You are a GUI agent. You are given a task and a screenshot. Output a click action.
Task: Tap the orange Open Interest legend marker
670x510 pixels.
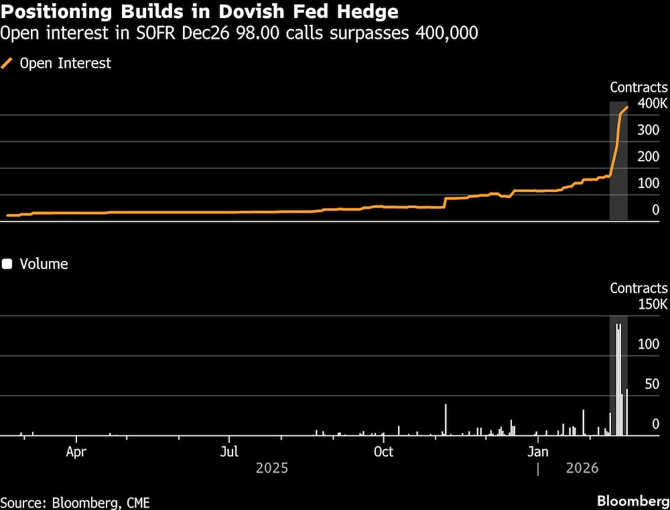click(8, 64)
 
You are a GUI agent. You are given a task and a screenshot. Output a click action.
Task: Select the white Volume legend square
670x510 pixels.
click(7, 264)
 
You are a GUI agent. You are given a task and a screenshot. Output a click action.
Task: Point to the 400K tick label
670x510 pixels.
click(652, 104)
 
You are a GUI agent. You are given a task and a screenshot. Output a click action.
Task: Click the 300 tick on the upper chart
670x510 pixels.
click(648, 130)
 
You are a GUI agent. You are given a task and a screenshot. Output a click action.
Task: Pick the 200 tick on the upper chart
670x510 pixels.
click(648, 157)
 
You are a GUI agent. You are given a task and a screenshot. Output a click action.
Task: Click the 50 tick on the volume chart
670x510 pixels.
click(651, 384)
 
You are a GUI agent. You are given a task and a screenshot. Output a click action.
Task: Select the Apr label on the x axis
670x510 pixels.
click(76, 451)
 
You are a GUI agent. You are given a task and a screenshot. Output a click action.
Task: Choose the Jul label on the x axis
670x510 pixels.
click(230, 451)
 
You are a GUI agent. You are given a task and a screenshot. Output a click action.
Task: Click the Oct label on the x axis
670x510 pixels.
click(383, 451)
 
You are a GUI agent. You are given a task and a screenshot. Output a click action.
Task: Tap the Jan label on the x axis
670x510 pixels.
click(537, 451)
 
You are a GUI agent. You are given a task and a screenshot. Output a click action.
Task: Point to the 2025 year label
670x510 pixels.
click(272, 468)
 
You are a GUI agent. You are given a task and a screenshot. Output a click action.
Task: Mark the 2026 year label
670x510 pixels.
click(582, 468)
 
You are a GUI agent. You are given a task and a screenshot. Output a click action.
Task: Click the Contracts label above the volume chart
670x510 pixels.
click(639, 288)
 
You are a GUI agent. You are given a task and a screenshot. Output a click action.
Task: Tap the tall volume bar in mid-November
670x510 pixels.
click(446, 420)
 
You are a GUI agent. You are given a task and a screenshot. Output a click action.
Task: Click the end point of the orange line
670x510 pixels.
click(627, 107)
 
